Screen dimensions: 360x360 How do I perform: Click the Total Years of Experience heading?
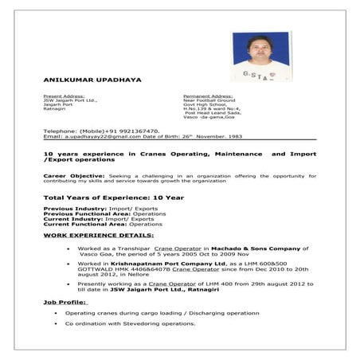pyautogui.click(x=113, y=197)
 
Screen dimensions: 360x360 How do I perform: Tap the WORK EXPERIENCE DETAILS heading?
pyautogui.click(x=99, y=236)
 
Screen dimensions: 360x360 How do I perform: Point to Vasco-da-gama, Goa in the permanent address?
pyautogui.click(x=209, y=117)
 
